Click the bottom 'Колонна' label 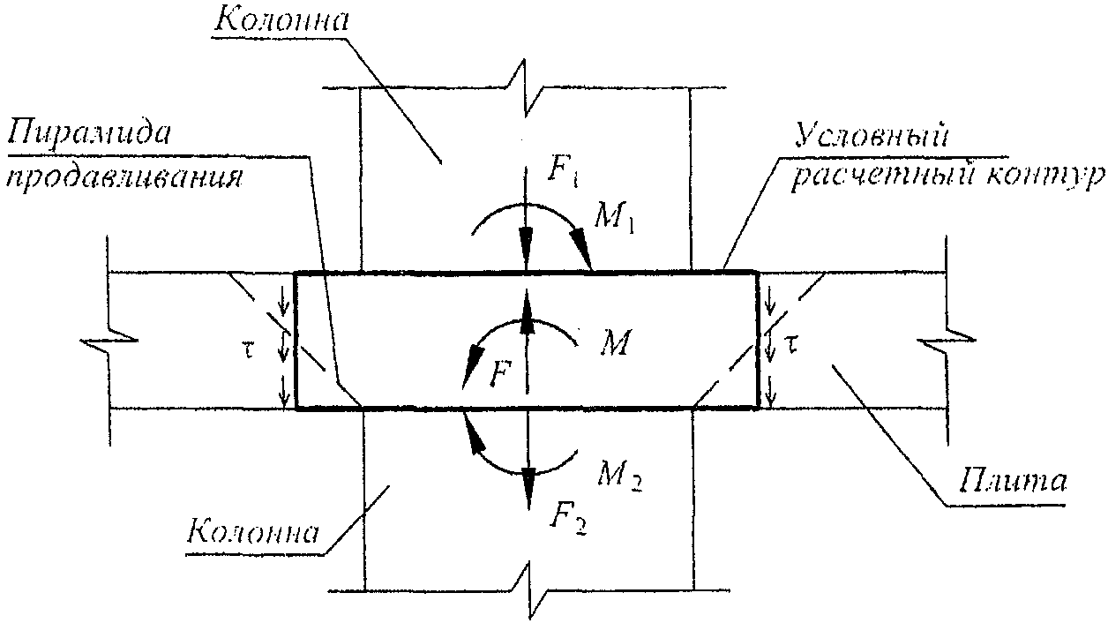coord(253,532)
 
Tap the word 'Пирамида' coord(88,131)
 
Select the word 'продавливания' coord(124,178)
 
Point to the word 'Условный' coord(871,135)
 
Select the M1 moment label coord(614,219)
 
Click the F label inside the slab coord(499,374)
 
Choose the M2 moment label coord(618,477)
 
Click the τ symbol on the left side coord(250,350)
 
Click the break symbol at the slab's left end coord(109,341)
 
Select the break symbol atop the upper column coord(524,88)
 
